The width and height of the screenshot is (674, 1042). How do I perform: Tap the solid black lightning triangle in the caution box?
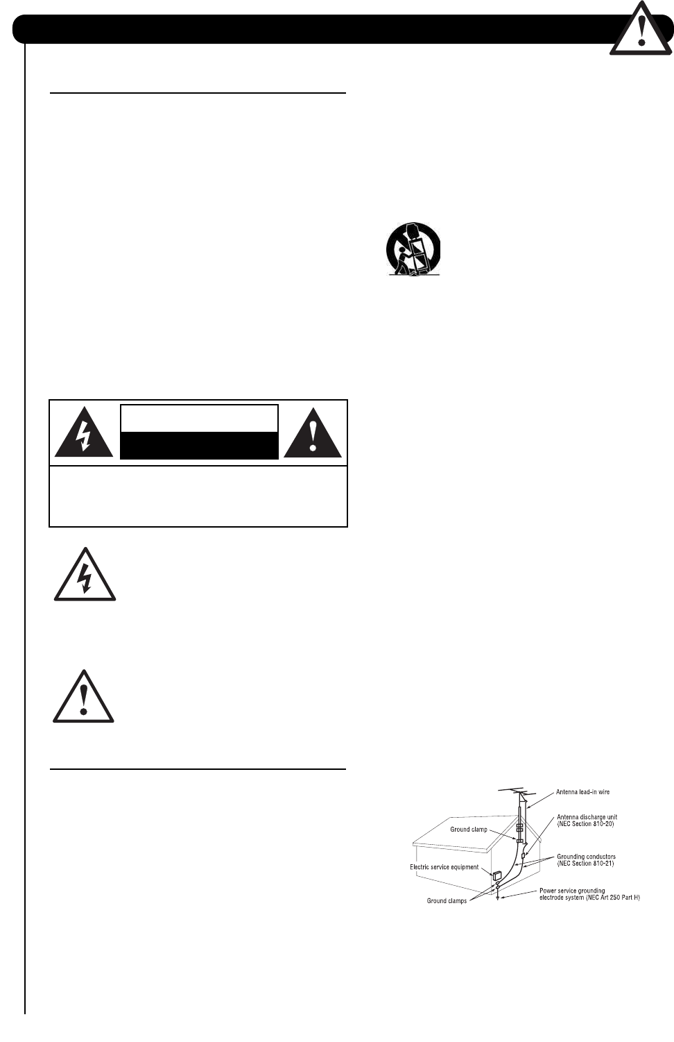[84, 434]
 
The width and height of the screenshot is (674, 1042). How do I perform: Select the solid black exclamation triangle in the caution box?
[313, 434]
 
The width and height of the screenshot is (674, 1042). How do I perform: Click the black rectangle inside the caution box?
[199, 445]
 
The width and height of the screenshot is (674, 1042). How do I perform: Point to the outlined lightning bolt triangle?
[85, 575]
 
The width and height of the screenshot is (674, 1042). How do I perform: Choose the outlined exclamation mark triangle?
[84, 697]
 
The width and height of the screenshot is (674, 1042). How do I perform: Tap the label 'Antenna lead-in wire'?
[582, 792]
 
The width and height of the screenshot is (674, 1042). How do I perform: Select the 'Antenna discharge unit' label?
[587, 817]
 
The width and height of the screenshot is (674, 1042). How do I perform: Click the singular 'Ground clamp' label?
[469, 830]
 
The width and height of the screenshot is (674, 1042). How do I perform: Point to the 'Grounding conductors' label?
[586, 857]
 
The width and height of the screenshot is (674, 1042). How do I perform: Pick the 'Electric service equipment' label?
[444, 867]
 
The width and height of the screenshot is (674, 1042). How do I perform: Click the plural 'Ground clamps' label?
[447, 901]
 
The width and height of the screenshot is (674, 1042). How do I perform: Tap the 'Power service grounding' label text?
[572, 891]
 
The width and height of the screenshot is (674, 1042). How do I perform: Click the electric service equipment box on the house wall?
[496, 875]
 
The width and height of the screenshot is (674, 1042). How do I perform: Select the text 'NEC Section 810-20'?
[586, 824]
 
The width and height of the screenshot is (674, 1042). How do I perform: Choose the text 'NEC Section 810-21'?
[586, 864]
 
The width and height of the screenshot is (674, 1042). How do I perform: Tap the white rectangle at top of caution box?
[199, 419]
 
